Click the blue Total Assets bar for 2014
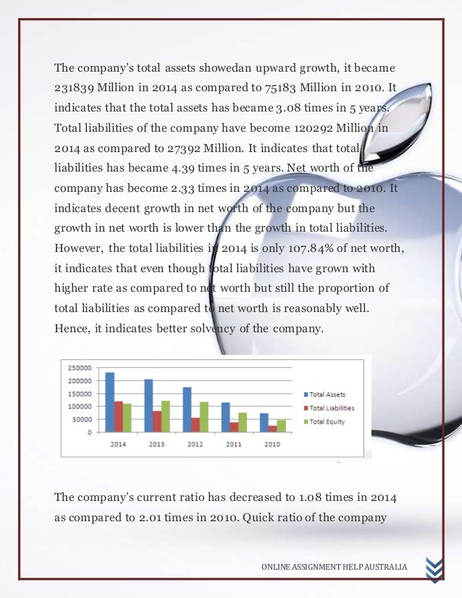(x=110, y=403)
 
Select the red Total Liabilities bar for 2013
(x=156, y=421)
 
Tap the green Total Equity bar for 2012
(x=204, y=417)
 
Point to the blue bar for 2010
(x=264, y=423)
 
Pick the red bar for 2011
(x=234, y=427)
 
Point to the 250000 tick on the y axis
(x=80, y=368)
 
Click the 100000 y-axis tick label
(x=80, y=407)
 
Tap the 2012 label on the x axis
(x=195, y=444)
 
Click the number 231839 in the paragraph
(x=75, y=88)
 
